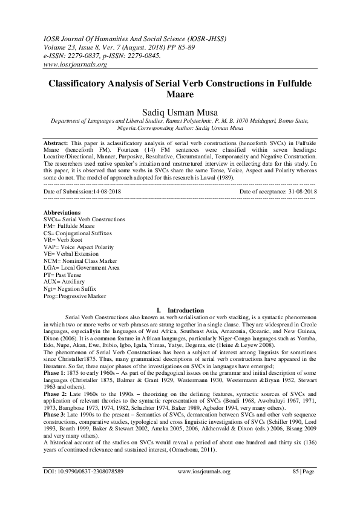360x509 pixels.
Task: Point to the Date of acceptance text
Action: pyautogui.click(x=278, y=191)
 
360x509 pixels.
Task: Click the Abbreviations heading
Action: pyautogui.click(x=62, y=213)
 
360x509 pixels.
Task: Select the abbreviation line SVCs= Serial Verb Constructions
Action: pyautogui.click(x=85, y=219)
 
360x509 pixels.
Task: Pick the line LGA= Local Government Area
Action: pyautogui.click(x=82, y=268)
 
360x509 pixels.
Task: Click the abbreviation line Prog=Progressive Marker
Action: pyautogui.click(x=75, y=296)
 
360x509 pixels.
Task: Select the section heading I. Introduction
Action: pyautogui.click(x=180, y=310)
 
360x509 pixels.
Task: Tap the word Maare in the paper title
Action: pyautogui.click(x=180, y=96)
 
